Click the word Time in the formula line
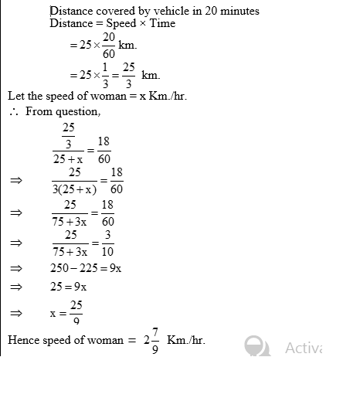(x=161, y=24)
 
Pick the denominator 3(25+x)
(x=75, y=188)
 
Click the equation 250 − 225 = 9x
(x=86, y=268)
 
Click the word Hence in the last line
(x=23, y=340)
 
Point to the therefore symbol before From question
(x=13, y=112)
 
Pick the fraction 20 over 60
(x=107, y=46)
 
